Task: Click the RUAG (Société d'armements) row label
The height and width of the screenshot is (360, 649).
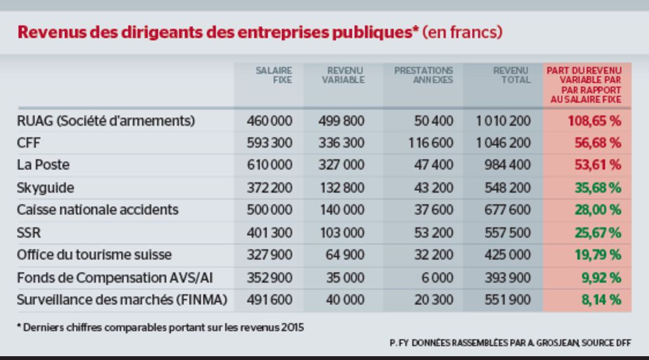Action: pos(106,120)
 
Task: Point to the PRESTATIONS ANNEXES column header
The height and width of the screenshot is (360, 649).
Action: pos(423,75)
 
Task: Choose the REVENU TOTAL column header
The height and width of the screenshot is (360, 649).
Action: pos(511,75)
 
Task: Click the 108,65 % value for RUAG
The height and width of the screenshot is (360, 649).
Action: pos(594,120)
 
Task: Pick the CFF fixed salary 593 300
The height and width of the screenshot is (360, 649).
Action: pos(269,143)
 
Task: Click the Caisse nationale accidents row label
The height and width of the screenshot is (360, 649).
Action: pos(98,210)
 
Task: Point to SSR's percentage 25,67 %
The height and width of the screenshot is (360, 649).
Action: pos(597,233)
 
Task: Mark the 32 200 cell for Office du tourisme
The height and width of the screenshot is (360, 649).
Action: pos(433,255)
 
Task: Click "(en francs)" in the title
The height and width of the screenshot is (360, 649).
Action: pos(463,32)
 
